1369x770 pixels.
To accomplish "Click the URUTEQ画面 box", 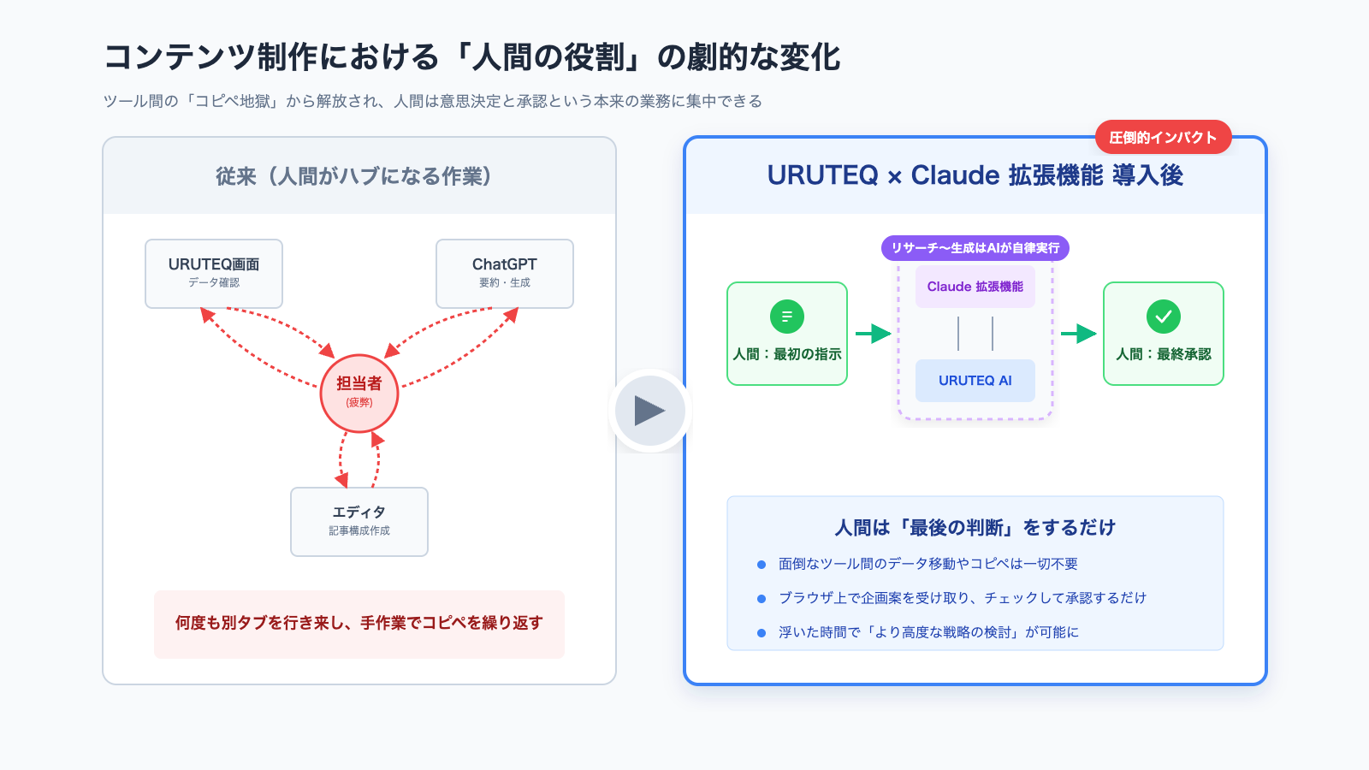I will pos(214,273).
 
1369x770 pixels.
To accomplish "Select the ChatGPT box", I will pos(505,273).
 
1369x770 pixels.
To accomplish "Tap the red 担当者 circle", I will pos(359,393).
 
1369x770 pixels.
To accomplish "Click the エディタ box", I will pos(359,521).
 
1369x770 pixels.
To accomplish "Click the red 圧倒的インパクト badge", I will pos(1163,137).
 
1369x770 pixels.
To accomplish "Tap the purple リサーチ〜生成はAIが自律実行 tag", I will pos(975,248).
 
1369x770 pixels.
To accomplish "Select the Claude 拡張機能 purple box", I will pos(975,287).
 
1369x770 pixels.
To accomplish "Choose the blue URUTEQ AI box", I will pos(975,381).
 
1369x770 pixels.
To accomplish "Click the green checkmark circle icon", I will pos(1164,317).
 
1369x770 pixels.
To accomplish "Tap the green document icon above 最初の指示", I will pos(787,317).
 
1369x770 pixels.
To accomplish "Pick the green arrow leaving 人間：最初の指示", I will pos(873,334).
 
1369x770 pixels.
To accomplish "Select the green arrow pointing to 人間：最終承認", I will pos(1078,334).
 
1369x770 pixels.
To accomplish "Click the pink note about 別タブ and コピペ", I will pos(359,624).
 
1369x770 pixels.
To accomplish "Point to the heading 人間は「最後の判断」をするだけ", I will pos(975,528).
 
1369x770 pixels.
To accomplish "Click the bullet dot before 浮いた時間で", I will pos(762,633).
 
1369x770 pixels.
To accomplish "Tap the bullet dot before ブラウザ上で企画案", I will pos(762,599).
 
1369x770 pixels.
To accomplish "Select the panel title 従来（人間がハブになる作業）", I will pos(354,176).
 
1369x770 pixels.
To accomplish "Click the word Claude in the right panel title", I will pos(955,175).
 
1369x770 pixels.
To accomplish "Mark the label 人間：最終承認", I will pos(1164,354).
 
